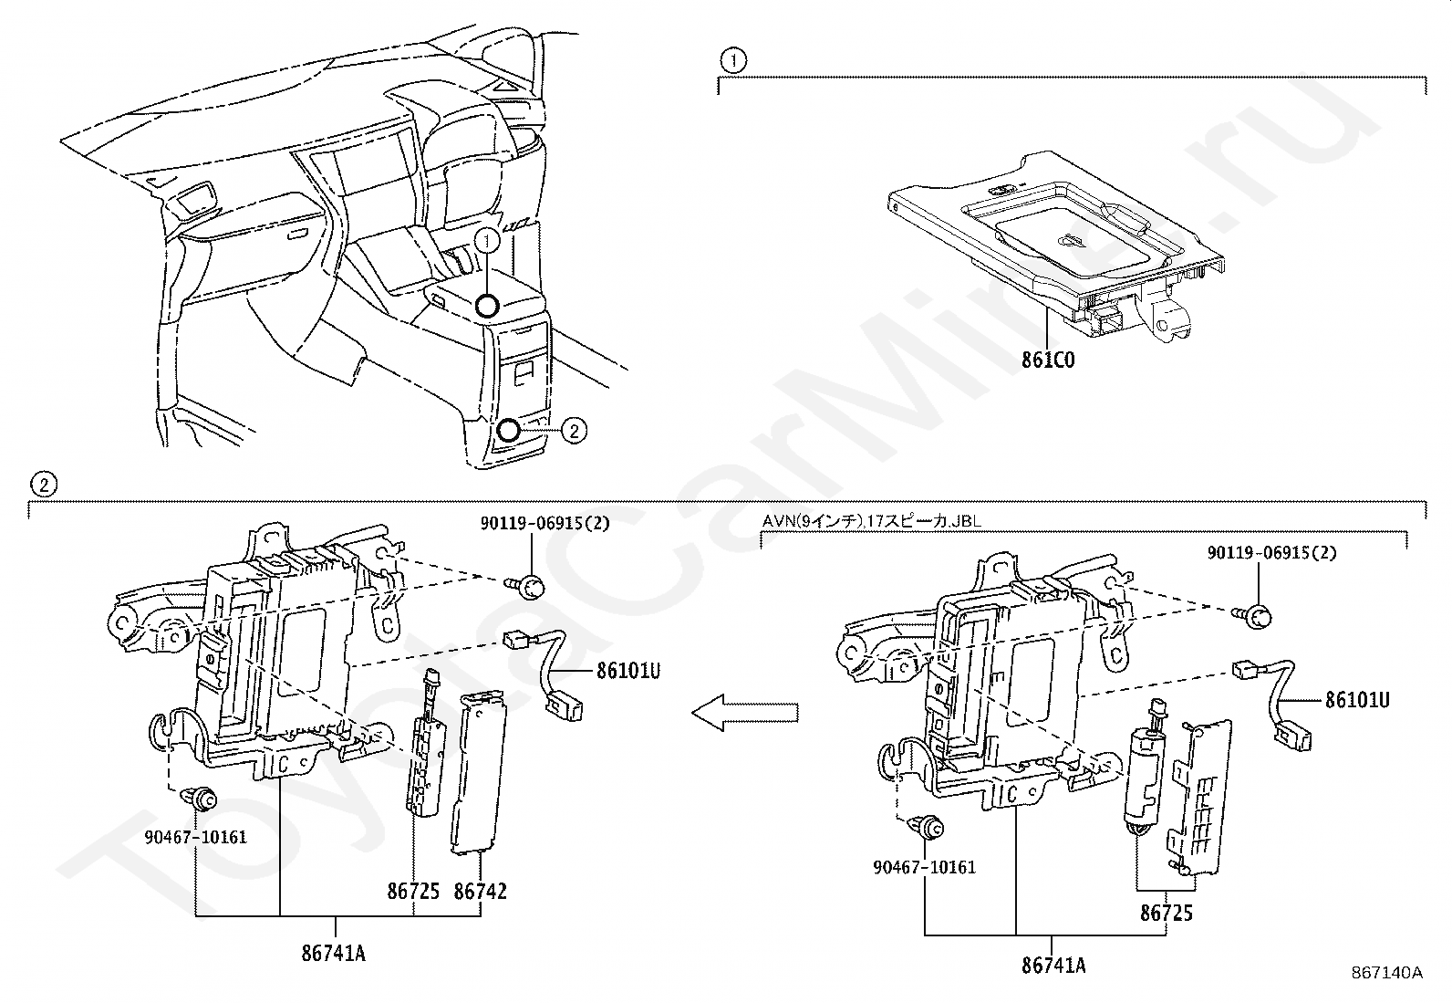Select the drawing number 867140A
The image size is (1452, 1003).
(x=1386, y=973)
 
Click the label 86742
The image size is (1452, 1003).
(x=480, y=891)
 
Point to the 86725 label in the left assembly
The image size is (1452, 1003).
(x=413, y=891)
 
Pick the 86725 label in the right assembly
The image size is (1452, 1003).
(x=1166, y=913)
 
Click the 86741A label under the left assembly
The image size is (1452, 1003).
(x=334, y=954)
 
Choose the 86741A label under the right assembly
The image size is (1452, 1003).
(x=1053, y=966)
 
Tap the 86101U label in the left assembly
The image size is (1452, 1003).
(x=628, y=671)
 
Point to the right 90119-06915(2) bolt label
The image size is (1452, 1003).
(x=1272, y=553)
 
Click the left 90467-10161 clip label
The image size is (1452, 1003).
(x=195, y=836)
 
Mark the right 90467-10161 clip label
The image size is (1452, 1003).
(x=924, y=866)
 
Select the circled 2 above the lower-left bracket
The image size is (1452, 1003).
(x=43, y=484)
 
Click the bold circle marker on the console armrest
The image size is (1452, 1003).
(x=488, y=306)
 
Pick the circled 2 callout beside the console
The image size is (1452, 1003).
(x=573, y=430)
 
